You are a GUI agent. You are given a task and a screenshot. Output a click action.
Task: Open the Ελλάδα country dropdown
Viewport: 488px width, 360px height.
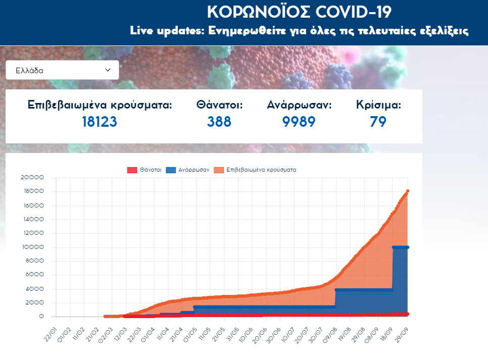pos(62,70)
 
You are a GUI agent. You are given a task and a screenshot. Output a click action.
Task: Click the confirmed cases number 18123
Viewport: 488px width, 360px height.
pos(100,122)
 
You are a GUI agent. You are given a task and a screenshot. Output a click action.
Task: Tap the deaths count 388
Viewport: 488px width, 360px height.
pos(219,122)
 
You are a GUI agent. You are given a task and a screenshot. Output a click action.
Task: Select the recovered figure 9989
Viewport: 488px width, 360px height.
pos(299,122)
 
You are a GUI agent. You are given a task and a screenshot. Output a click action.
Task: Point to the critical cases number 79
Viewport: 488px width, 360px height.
pos(378,122)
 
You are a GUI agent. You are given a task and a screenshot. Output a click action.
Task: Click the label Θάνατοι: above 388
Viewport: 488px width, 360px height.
pos(219,105)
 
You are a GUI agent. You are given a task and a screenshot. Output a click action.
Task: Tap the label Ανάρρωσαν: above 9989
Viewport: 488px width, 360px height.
pos(299,105)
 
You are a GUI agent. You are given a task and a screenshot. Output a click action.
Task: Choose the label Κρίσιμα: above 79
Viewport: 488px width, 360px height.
pos(378,105)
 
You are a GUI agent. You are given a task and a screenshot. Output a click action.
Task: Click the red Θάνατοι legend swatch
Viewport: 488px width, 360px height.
pos(132,170)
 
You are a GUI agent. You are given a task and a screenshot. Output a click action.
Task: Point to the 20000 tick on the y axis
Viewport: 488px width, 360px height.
pos(33,178)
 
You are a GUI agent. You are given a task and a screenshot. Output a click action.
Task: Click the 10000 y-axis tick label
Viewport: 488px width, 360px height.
pos(33,247)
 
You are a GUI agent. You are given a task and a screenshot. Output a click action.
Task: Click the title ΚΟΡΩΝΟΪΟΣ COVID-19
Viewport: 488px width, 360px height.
pos(299,12)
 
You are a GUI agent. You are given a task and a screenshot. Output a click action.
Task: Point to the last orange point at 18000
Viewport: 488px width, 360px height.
pos(408,191)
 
